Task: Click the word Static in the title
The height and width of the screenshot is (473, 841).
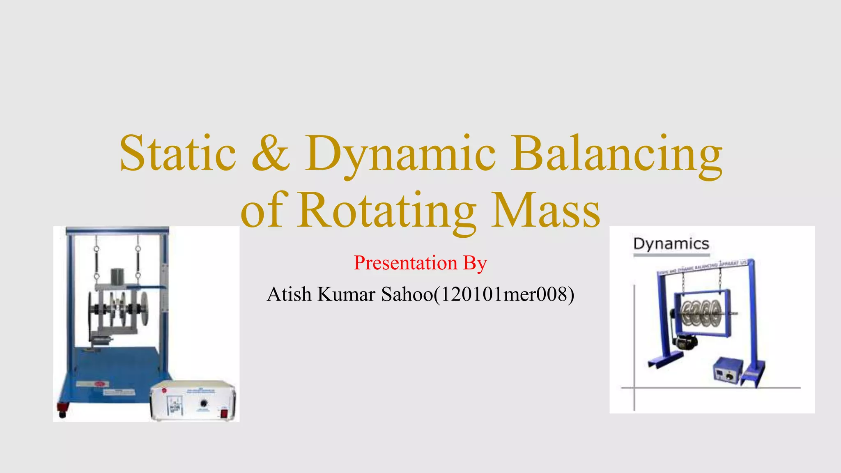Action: click(x=178, y=154)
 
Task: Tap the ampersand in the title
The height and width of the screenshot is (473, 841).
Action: click(x=271, y=154)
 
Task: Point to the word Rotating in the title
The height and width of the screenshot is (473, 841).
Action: click(x=386, y=211)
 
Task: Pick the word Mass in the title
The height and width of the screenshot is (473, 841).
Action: click(x=546, y=211)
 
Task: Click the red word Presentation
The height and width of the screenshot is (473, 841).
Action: click(x=405, y=263)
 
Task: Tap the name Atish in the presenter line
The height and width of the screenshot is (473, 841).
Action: click(x=289, y=294)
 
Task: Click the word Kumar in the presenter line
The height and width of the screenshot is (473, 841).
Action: click(x=346, y=294)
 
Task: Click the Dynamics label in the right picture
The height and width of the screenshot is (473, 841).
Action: click(x=671, y=244)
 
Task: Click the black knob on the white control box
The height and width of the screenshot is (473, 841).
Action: click(x=203, y=404)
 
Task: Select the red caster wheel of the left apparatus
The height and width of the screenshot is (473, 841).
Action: click(x=62, y=409)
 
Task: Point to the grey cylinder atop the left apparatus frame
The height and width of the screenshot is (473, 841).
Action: click(x=117, y=276)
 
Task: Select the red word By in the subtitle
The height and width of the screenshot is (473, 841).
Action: click(x=475, y=263)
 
